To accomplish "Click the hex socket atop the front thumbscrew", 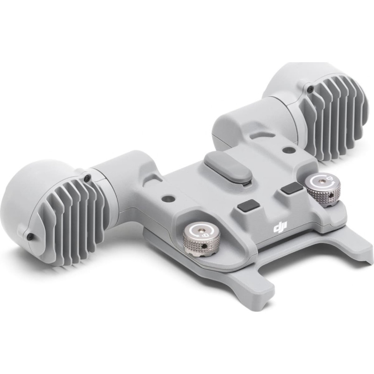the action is coord(198,231).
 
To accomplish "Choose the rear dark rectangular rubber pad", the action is coord(290,188).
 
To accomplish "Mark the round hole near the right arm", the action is coord(288,150).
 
